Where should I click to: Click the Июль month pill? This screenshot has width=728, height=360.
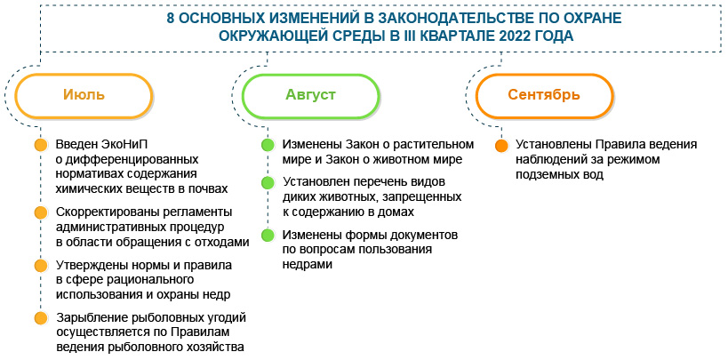[84, 94]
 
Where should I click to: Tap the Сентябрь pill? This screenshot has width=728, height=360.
[544, 94]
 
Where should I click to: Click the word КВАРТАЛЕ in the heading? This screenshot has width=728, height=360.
[459, 36]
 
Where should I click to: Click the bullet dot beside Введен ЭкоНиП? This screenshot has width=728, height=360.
[40, 146]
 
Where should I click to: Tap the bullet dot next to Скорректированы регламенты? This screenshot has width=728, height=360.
[40, 213]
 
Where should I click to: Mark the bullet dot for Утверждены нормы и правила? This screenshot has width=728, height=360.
[40, 266]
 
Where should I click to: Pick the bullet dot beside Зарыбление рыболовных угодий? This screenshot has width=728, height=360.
[40, 318]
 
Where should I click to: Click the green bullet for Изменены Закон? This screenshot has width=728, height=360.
[266, 146]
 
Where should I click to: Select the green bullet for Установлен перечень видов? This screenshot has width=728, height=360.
[266, 183]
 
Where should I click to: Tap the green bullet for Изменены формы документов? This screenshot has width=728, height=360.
[266, 236]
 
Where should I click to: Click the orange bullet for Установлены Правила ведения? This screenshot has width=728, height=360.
[501, 146]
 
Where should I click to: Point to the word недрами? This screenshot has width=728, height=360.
[308, 265]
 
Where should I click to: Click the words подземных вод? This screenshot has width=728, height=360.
[560, 175]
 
